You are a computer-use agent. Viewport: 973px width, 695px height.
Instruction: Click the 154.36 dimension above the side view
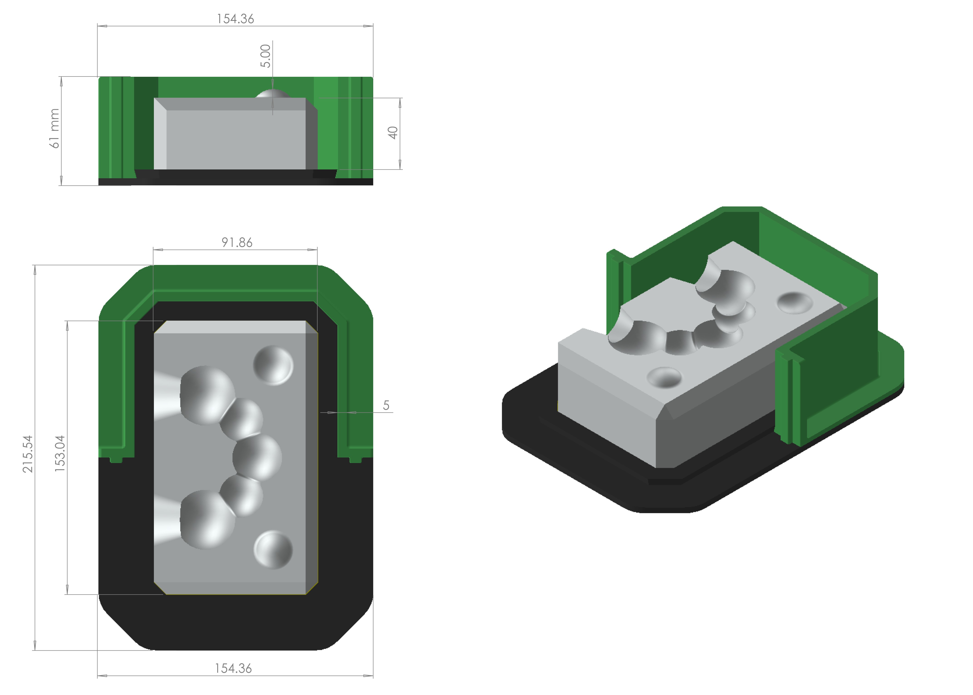click(x=235, y=19)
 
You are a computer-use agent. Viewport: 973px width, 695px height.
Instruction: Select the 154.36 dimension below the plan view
click(x=233, y=668)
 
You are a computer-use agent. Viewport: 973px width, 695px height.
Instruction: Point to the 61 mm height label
click(x=54, y=128)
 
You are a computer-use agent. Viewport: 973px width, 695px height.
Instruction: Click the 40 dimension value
click(x=393, y=133)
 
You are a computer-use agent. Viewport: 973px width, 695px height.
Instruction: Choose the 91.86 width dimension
click(x=237, y=243)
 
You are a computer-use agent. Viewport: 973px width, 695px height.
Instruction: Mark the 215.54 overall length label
click(x=28, y=454)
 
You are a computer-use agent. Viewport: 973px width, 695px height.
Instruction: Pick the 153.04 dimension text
click(x=60, y=454)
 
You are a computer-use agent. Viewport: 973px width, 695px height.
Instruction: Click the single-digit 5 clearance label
click(x=386, y=405)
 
